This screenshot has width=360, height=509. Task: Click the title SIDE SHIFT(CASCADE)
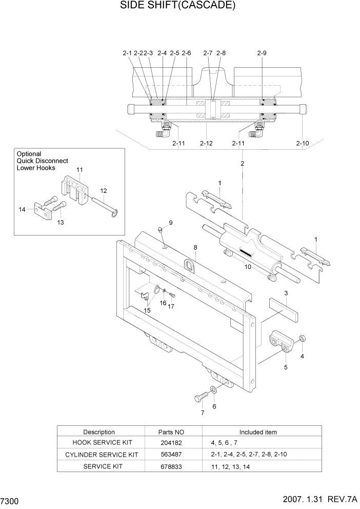point(170,6)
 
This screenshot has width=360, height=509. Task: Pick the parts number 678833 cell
point(170,466)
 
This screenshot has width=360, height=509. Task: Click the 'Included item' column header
point(257,432)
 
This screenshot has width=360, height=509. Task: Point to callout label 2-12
point(206,143)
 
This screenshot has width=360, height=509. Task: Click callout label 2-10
point(303,143)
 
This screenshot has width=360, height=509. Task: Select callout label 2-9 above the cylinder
point(262,53)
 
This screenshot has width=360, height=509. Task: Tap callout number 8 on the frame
point(195,247)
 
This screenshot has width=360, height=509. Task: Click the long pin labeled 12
point(99,202)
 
